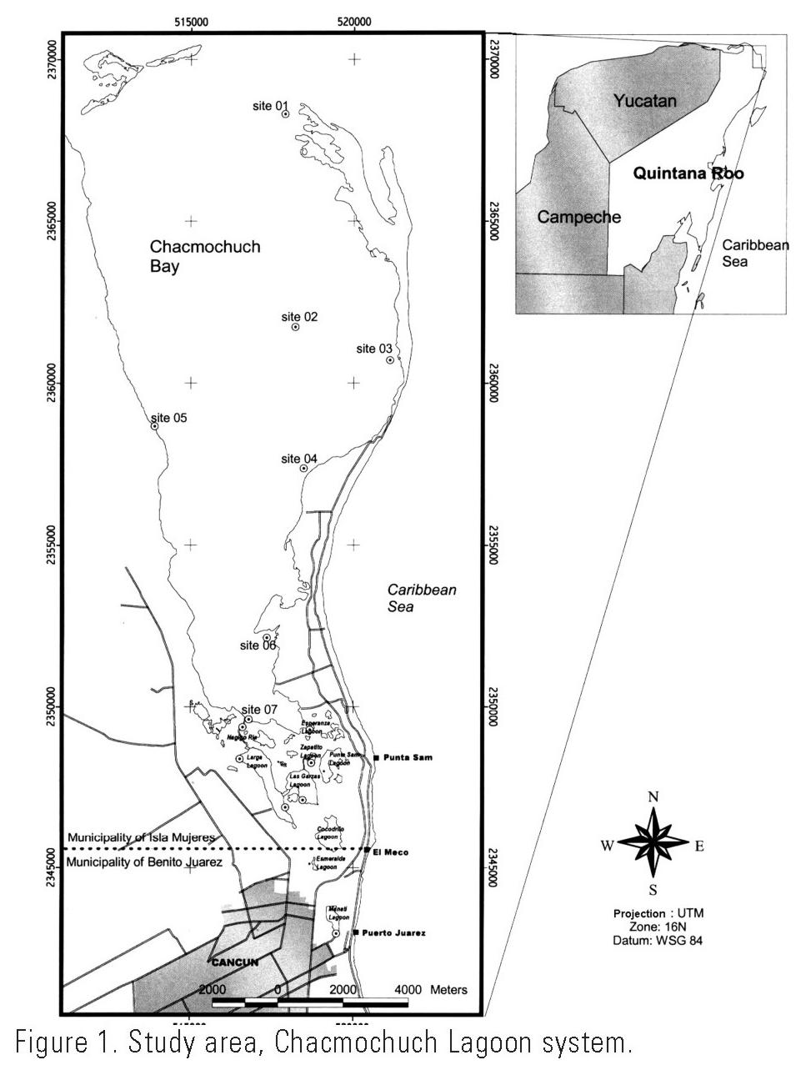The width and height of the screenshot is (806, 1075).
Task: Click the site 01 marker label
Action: (x=270, y=106)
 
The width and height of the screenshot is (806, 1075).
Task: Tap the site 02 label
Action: (x=299, y=317)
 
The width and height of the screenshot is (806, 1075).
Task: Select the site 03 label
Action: (x=374, y=349)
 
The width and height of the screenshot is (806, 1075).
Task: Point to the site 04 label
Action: (x=299, y=459)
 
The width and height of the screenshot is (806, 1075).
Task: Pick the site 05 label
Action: (x=169, y=418)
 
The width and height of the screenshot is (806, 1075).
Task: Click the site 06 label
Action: (x=258, y=645)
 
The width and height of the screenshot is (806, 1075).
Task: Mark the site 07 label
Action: (x=259, y=709)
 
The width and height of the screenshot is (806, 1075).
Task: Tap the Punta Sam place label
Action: (x=405, y=757)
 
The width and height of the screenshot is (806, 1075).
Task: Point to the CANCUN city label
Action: (x=235, y=962)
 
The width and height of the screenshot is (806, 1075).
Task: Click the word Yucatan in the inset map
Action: (x=644, y=101)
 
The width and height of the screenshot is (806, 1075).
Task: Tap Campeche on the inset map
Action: (x=578, y=217)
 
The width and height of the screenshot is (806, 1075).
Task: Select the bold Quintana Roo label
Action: (x=688, y=173)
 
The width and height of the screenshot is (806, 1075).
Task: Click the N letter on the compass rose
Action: (x=653, y=796)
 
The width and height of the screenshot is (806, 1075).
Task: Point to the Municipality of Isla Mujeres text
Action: (x=142, y=837)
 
